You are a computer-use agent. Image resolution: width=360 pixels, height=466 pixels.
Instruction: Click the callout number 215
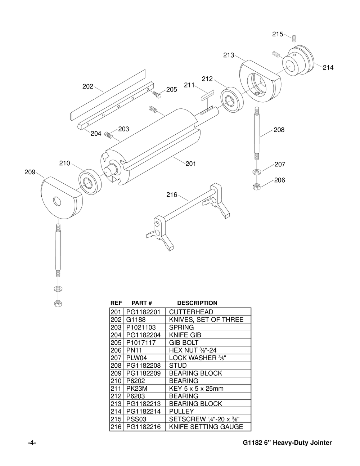point(277,34)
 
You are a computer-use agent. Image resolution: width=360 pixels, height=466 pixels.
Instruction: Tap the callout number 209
point(30,172)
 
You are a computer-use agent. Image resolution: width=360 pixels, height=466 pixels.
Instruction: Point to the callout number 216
point(172,195)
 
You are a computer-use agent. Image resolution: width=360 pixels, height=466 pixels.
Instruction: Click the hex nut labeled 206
point(257,187)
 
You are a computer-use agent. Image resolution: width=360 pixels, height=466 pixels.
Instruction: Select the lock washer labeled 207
point(257,171)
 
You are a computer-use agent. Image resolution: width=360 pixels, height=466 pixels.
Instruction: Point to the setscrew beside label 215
point(294,38)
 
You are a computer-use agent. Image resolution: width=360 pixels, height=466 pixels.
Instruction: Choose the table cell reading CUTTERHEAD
point(191,312)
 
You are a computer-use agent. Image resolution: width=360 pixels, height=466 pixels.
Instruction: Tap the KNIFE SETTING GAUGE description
point(206,427)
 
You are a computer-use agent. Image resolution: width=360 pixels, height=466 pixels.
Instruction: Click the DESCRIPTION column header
point(197,303)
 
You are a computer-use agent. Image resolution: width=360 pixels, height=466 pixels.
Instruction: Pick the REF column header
point(116,303)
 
